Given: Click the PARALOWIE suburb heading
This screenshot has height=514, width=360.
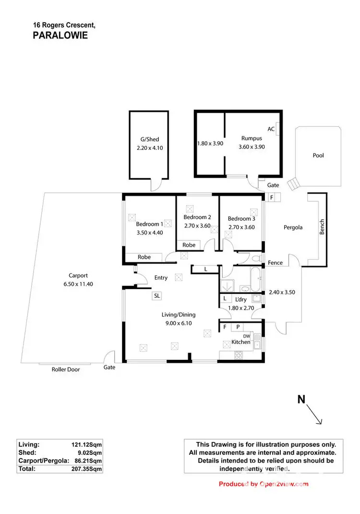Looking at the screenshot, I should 60,35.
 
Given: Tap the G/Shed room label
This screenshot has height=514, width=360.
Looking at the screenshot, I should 146,140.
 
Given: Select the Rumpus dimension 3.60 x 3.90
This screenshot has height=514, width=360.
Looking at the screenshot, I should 252,147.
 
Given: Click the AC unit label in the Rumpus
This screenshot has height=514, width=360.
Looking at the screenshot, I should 271,129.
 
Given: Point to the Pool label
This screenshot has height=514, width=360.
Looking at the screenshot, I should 318,155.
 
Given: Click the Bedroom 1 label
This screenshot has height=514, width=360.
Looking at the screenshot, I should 149,224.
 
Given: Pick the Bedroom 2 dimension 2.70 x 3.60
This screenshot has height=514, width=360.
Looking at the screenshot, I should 197,226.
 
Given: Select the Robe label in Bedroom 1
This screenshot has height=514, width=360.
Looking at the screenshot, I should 144,257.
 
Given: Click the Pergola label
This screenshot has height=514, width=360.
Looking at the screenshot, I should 293,227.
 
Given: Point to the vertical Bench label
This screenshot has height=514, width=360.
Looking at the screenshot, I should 322,227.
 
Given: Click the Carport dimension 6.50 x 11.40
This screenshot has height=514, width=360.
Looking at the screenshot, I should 78,284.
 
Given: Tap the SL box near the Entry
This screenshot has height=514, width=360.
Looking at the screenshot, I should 156,296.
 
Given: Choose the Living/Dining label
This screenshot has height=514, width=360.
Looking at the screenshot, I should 178,315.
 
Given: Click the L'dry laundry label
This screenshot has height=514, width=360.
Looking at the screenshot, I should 241,299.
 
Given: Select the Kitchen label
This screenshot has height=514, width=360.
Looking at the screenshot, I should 241,342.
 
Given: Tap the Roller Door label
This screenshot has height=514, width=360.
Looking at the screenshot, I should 66,369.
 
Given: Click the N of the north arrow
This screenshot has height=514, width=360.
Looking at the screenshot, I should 301,399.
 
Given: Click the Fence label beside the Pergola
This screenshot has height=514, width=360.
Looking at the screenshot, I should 276,263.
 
